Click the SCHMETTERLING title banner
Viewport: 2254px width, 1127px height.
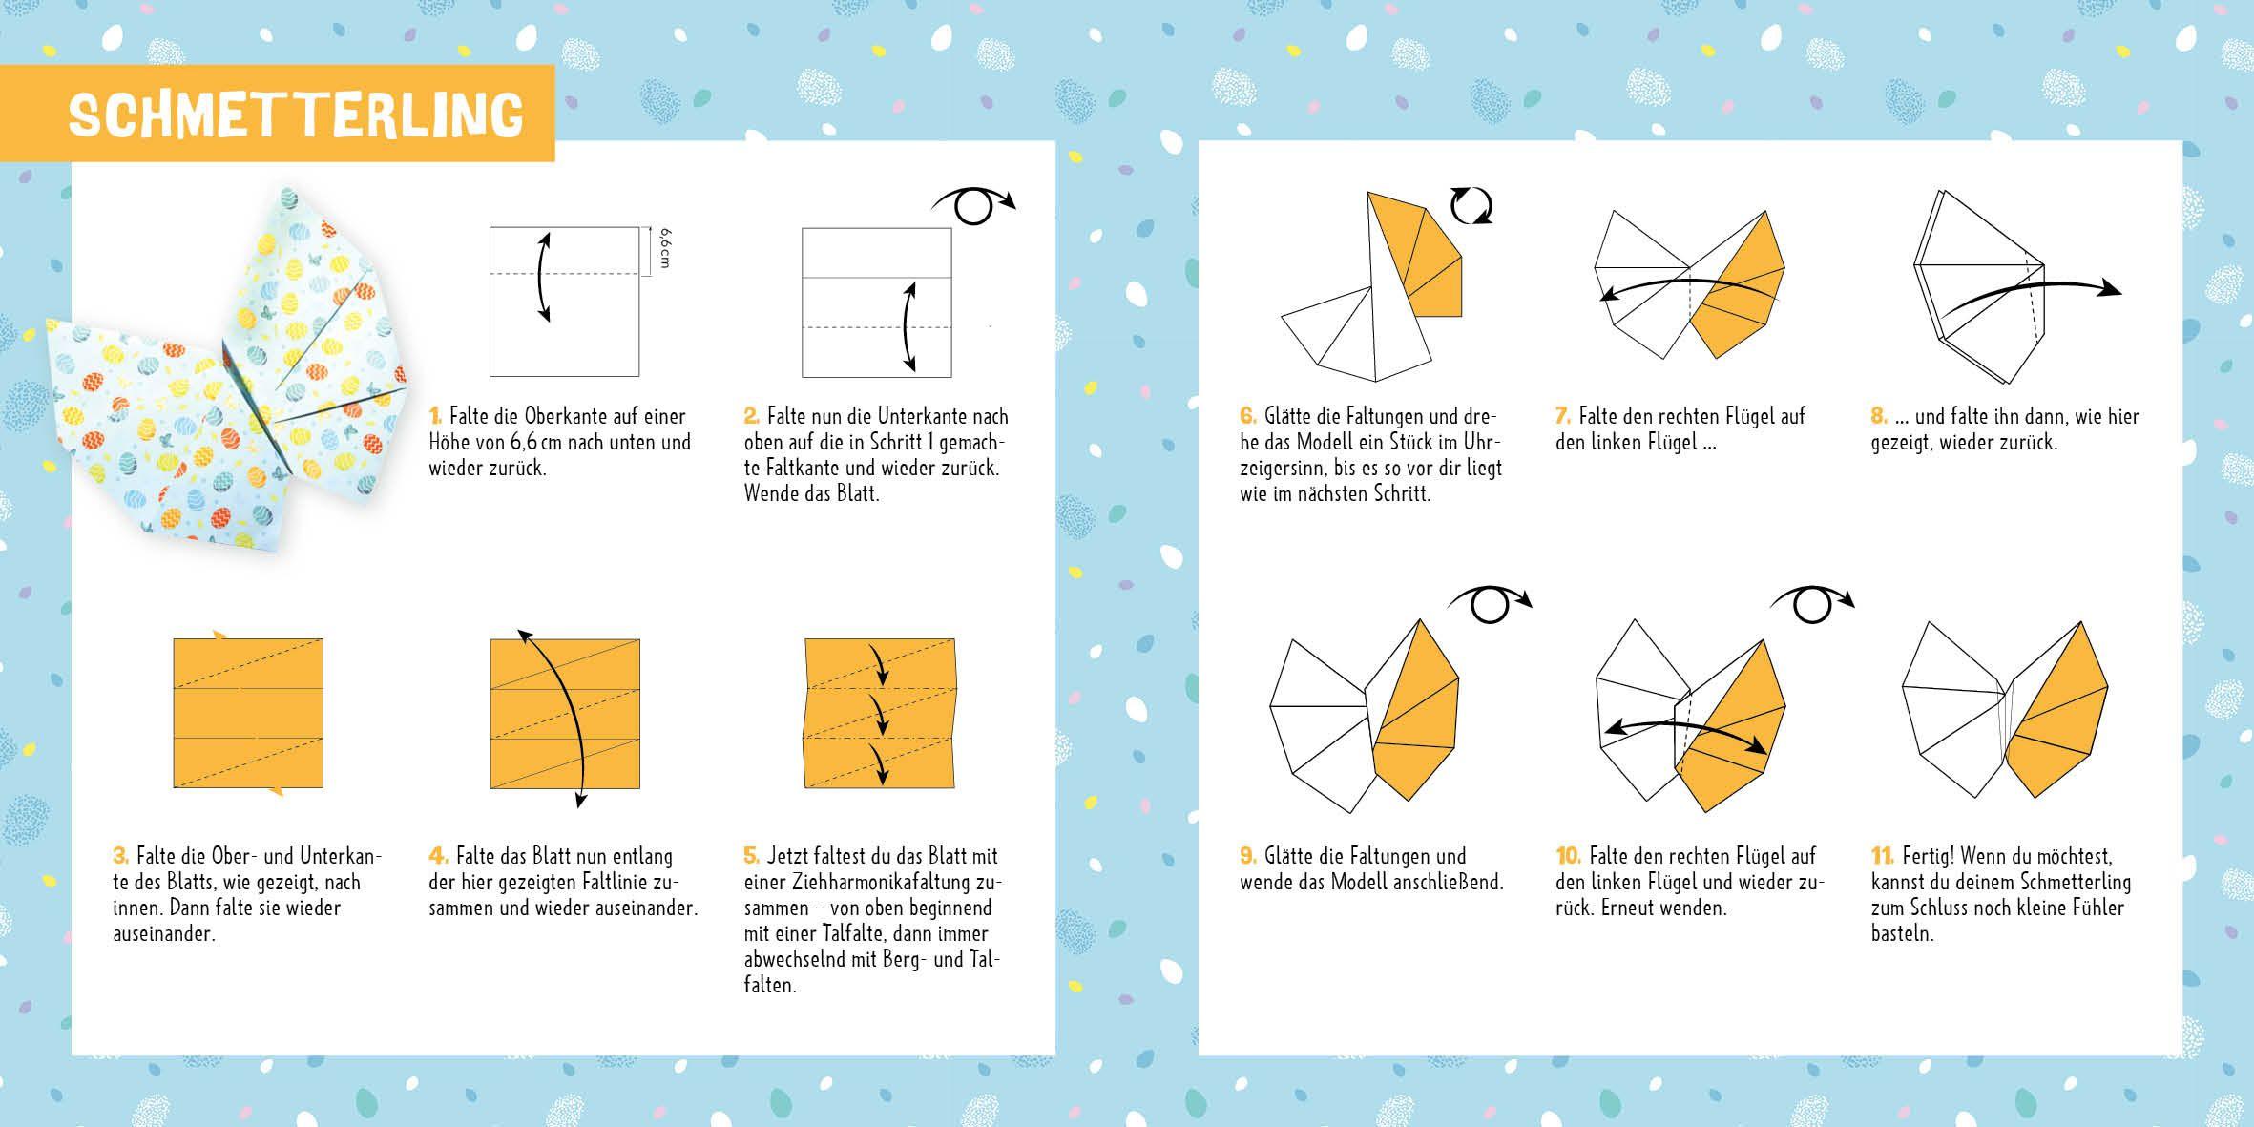click(296, 115)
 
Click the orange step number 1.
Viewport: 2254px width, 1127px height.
click(435, 416)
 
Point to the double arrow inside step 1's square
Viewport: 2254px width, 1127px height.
click(543, 275)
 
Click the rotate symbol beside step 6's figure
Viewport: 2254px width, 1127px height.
click(1471, 206)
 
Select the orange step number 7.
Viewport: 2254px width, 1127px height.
click(1562, 416)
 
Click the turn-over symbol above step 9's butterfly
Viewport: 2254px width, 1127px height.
click(1489, 603)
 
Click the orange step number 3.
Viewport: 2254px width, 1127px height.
click(120, 856)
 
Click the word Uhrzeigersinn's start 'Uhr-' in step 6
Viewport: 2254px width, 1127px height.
click(1482, 443)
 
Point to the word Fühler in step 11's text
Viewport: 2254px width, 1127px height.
click(2097, 908)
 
